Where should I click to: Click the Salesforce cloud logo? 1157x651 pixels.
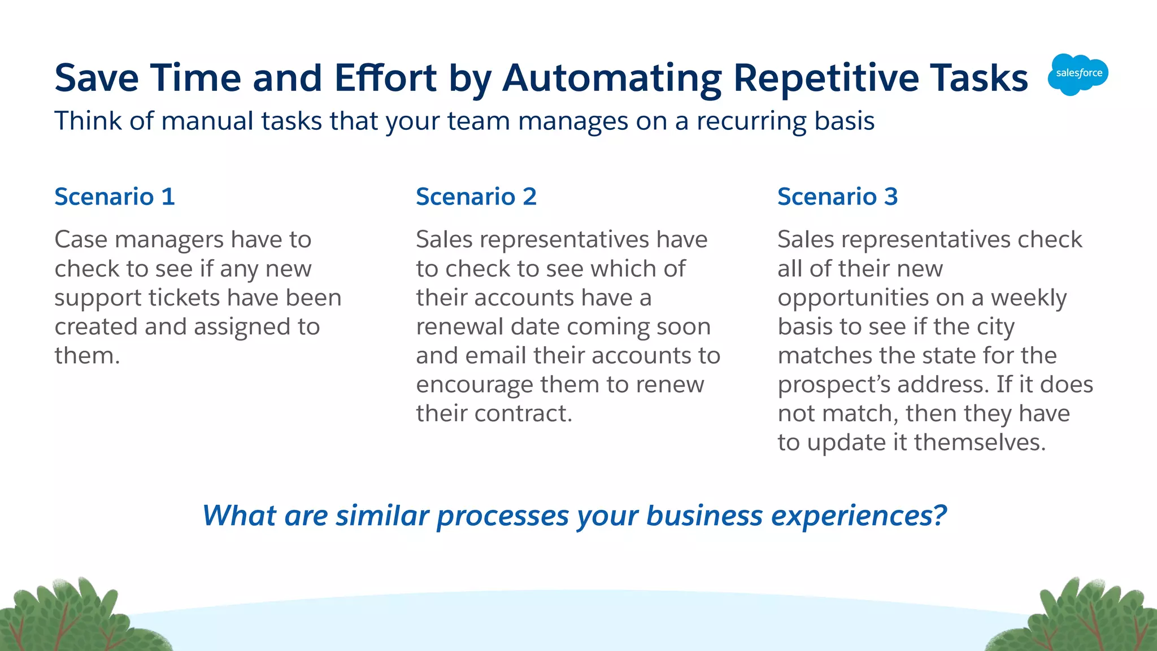pyautogui.click(x=1078, y=74)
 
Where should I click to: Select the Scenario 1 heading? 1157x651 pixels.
pyautogui.click(x=115, y=196)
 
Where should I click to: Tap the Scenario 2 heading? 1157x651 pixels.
pyautogui.click(x=476, y=196)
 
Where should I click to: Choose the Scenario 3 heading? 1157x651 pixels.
pyautogui.click(x=837, y=196)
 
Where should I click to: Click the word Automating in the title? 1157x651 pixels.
pyautogui.click(x=612, y=78)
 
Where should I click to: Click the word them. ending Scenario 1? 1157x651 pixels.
pyautogui.click(x=87, y=356)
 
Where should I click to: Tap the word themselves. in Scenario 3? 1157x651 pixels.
pyautogui.click(x=980, y=442)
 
